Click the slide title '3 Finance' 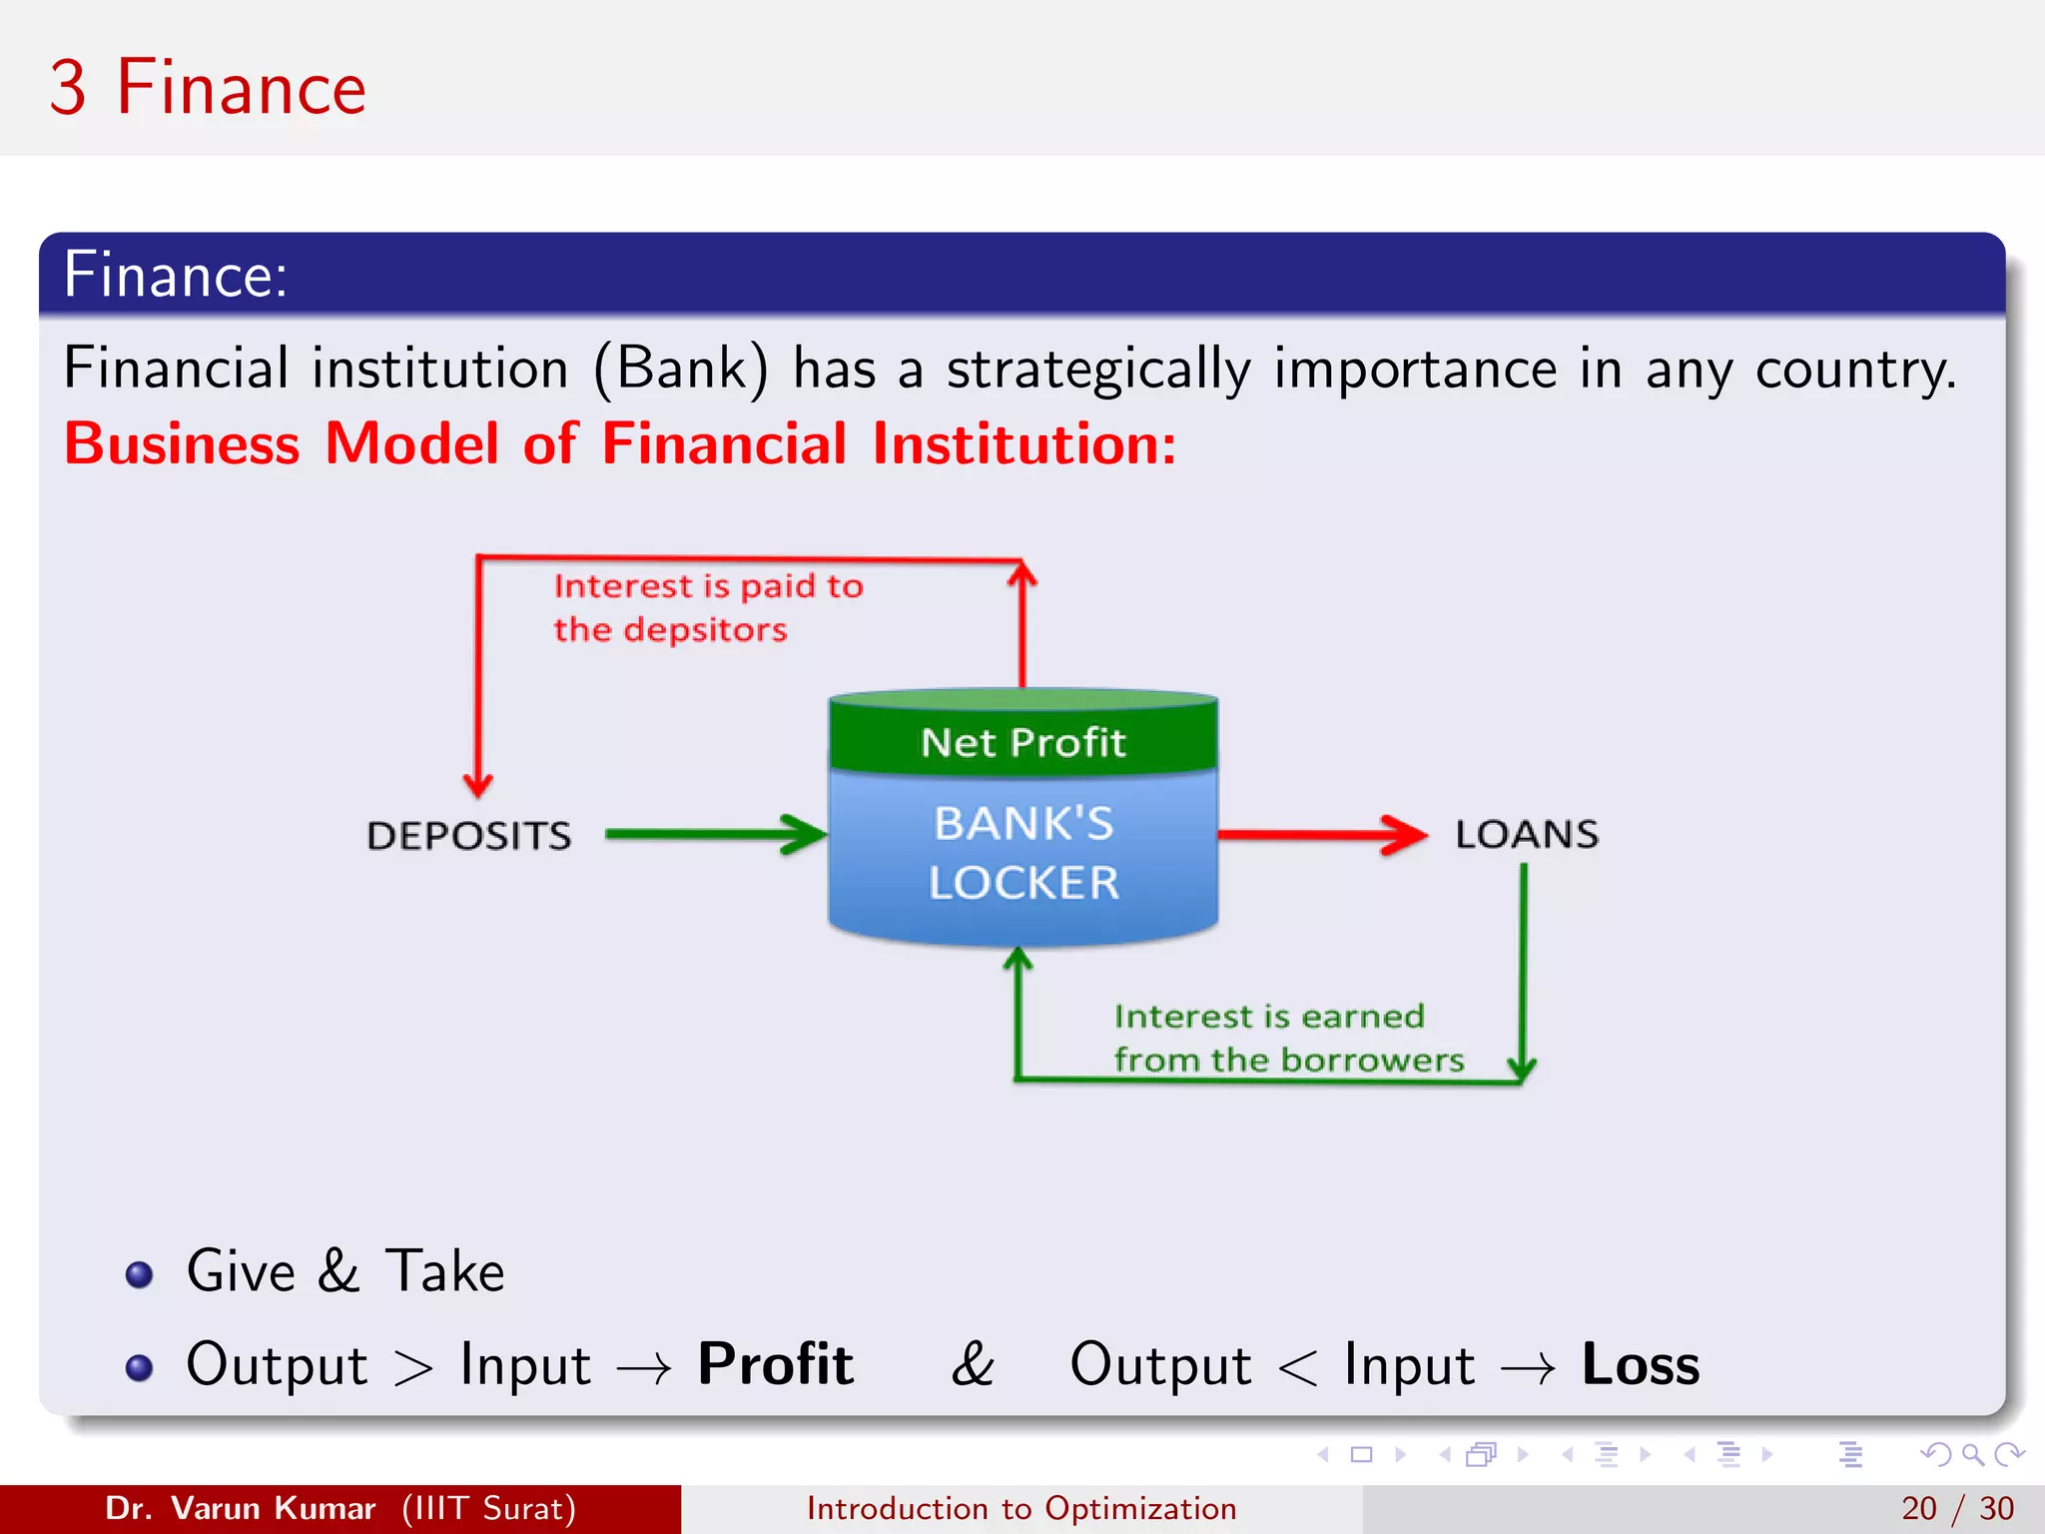coord(208,88)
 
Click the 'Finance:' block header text coord(176,275)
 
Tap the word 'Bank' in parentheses coord(681,369)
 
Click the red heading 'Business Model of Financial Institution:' coord(619,444)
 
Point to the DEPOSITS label coord(468,836)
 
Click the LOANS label coord(1526,834)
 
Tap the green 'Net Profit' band coord(1022,742)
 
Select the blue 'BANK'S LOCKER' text coord(1022,853)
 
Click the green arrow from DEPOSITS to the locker coord(715,834)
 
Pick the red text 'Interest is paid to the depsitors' coord(707,607)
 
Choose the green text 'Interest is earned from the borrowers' coord(1288,1038)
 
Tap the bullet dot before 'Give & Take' coord(140,1274)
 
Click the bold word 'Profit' coord(775,1364)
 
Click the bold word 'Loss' coord(1640,1364)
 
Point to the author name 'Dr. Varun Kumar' coord(240,1508)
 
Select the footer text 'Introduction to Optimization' coord(1022,1508)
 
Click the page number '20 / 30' coord(1957,1508)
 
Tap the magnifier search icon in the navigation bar coord(1972,1454)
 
